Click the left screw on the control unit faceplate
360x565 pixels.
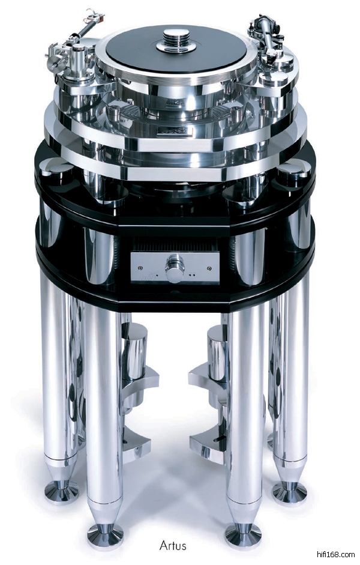(140, 268)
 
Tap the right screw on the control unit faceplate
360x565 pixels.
(209, 268)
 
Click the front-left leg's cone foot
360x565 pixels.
(105, 535)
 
